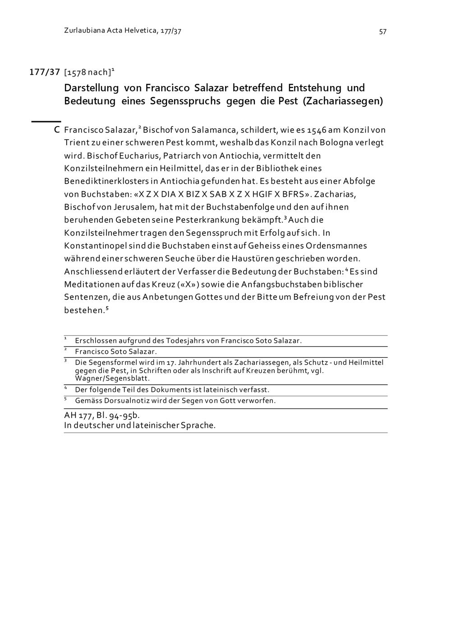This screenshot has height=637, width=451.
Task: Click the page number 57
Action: pos(382,32)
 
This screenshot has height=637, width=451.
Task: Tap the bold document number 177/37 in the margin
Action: pos(45,72)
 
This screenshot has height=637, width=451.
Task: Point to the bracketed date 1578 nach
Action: pos(87,73)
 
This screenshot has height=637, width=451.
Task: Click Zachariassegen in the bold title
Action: pos(343,101)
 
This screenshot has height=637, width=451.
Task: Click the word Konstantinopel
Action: pos(95,246)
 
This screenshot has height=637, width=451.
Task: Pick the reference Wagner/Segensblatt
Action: pos(112,378)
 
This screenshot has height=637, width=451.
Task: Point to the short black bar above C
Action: pos(46,121)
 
